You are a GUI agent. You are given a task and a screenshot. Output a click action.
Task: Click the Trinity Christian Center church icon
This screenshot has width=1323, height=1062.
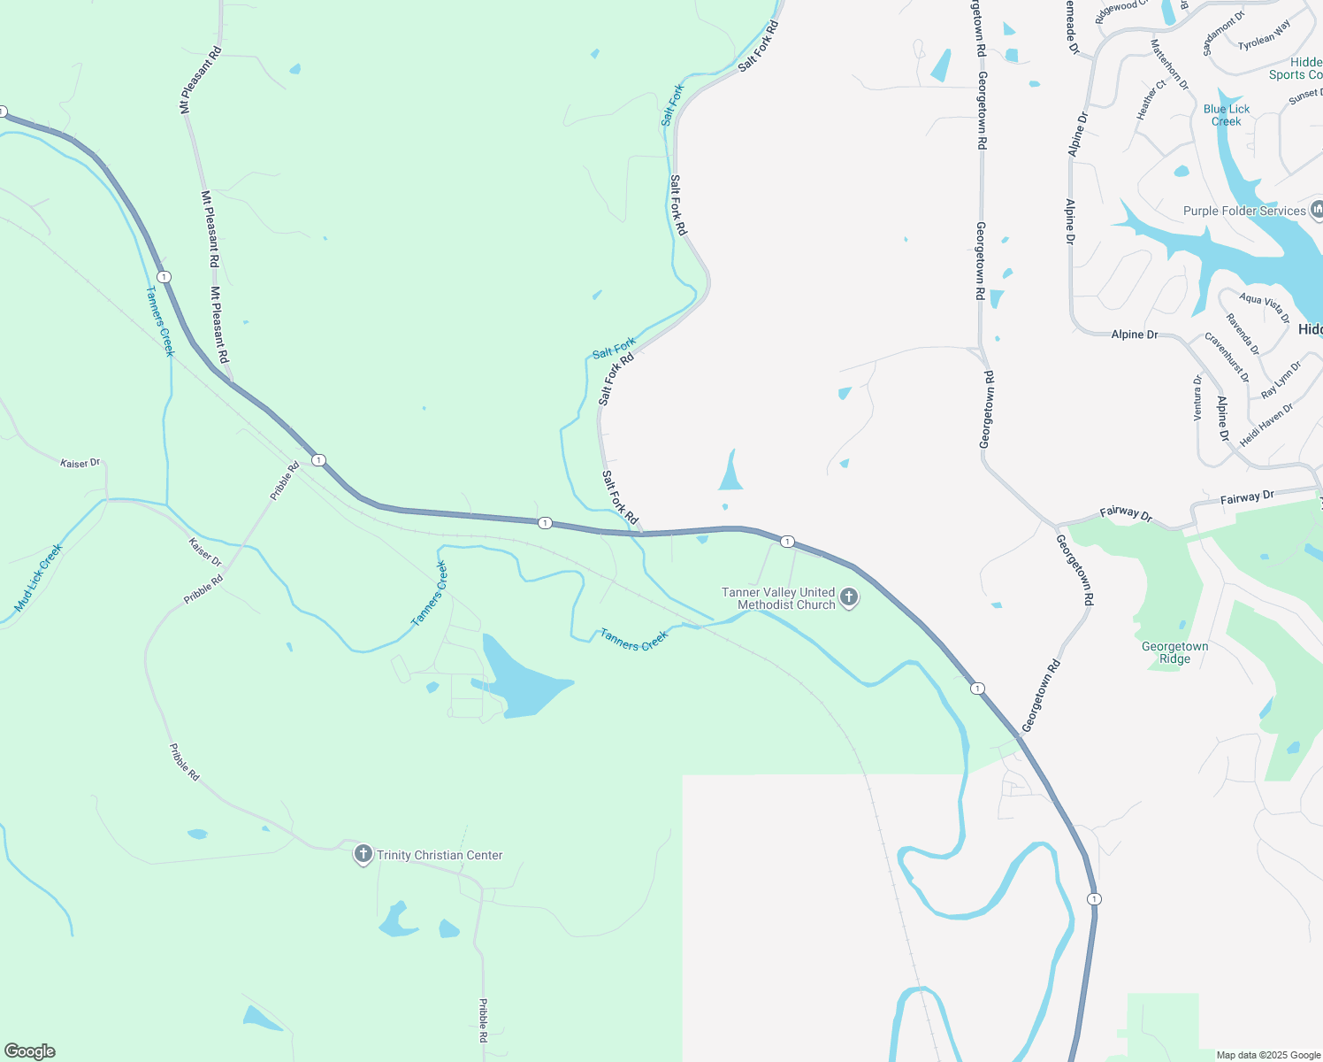363,854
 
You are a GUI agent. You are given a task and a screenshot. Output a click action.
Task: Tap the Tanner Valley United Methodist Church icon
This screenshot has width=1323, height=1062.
849,597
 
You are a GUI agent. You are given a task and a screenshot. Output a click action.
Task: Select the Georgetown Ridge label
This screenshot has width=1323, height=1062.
1174,652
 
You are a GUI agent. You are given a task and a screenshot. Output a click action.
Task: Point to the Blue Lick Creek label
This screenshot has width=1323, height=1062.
1226,115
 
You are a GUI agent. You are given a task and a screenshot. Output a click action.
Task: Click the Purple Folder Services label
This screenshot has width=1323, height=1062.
1244,211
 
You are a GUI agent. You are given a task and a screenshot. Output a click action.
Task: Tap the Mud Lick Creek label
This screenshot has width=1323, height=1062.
39,578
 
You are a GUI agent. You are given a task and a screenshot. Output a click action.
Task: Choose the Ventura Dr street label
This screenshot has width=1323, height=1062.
1197,397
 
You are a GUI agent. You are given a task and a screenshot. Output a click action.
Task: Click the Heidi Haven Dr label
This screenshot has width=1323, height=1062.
1266,425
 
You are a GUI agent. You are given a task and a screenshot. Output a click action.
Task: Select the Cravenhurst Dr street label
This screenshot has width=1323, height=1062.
1227,357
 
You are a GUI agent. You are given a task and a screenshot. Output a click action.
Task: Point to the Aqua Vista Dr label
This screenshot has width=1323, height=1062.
1264,308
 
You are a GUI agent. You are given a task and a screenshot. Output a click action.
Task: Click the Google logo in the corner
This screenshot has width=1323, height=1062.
30,1051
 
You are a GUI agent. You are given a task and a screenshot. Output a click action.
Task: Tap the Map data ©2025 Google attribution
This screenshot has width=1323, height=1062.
1268,1055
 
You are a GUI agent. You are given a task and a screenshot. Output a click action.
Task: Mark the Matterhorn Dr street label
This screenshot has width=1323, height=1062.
1169,64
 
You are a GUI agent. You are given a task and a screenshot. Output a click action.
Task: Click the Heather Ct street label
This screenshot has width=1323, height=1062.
1151,99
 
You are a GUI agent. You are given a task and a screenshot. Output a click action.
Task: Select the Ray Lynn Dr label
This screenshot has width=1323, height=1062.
1281,380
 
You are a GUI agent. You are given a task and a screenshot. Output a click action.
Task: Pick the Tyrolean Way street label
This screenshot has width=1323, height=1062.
1264,35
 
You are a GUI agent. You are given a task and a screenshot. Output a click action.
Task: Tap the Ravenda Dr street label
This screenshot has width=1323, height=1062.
1243,334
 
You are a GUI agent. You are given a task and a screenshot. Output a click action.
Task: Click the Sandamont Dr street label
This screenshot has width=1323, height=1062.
1223,34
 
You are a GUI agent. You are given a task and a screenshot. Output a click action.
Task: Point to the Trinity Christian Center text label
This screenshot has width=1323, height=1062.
440,855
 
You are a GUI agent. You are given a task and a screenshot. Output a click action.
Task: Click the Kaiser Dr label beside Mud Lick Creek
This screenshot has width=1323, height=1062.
80,463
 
